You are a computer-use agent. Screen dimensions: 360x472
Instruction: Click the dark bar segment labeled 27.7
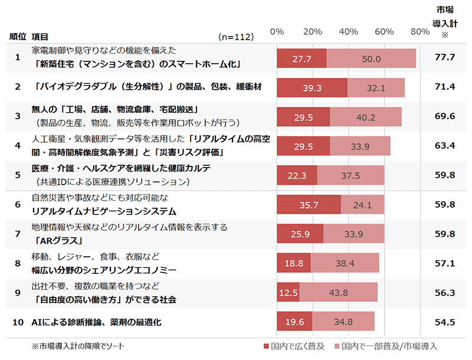[x=301, y=59]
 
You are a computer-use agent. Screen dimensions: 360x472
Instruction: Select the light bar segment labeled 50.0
[x=371, y=59]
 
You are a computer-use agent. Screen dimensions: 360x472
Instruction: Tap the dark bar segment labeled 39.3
[x=312, y=88]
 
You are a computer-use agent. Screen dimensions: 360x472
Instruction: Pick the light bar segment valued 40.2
[x=366, y=117]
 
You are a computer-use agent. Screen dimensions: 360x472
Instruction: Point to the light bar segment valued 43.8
[x=339, y=292]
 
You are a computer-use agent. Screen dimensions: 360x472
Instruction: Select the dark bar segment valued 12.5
[x=289, y=292]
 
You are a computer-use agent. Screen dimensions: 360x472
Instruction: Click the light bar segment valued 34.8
[x=343, y=322]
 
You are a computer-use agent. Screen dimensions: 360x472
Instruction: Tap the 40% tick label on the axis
[x=349, y=31]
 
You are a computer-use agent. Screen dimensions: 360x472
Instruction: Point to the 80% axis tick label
[x=419, y=31]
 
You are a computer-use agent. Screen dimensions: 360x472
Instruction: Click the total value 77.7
[x=444, y=57]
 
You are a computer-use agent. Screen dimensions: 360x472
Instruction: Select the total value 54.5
[x=444, y=322]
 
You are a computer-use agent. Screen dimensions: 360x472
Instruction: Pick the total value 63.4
[x=444, y=145]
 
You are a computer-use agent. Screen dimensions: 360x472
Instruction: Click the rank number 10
[x=18, y=322]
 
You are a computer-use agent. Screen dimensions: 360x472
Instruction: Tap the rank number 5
[x=18, y=175]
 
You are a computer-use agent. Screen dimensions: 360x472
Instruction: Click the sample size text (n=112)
[x=236, y=37]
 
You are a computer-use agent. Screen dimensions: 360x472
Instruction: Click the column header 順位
[x=18, y=37]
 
